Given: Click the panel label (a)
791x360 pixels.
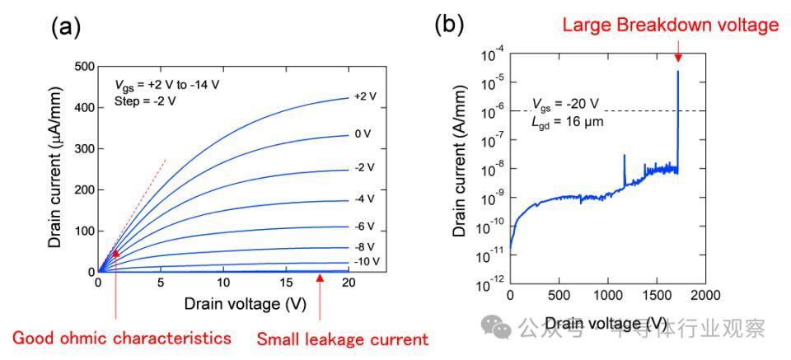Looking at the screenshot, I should point(66,27).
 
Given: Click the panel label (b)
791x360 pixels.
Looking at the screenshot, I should point(451,25).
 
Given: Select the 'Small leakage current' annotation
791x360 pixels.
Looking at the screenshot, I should point(343,339).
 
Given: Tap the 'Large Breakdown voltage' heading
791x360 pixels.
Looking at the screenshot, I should point(670,25).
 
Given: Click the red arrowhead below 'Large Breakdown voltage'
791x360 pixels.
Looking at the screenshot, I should point(677,56).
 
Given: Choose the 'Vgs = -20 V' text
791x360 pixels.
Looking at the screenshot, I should point(565,105).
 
